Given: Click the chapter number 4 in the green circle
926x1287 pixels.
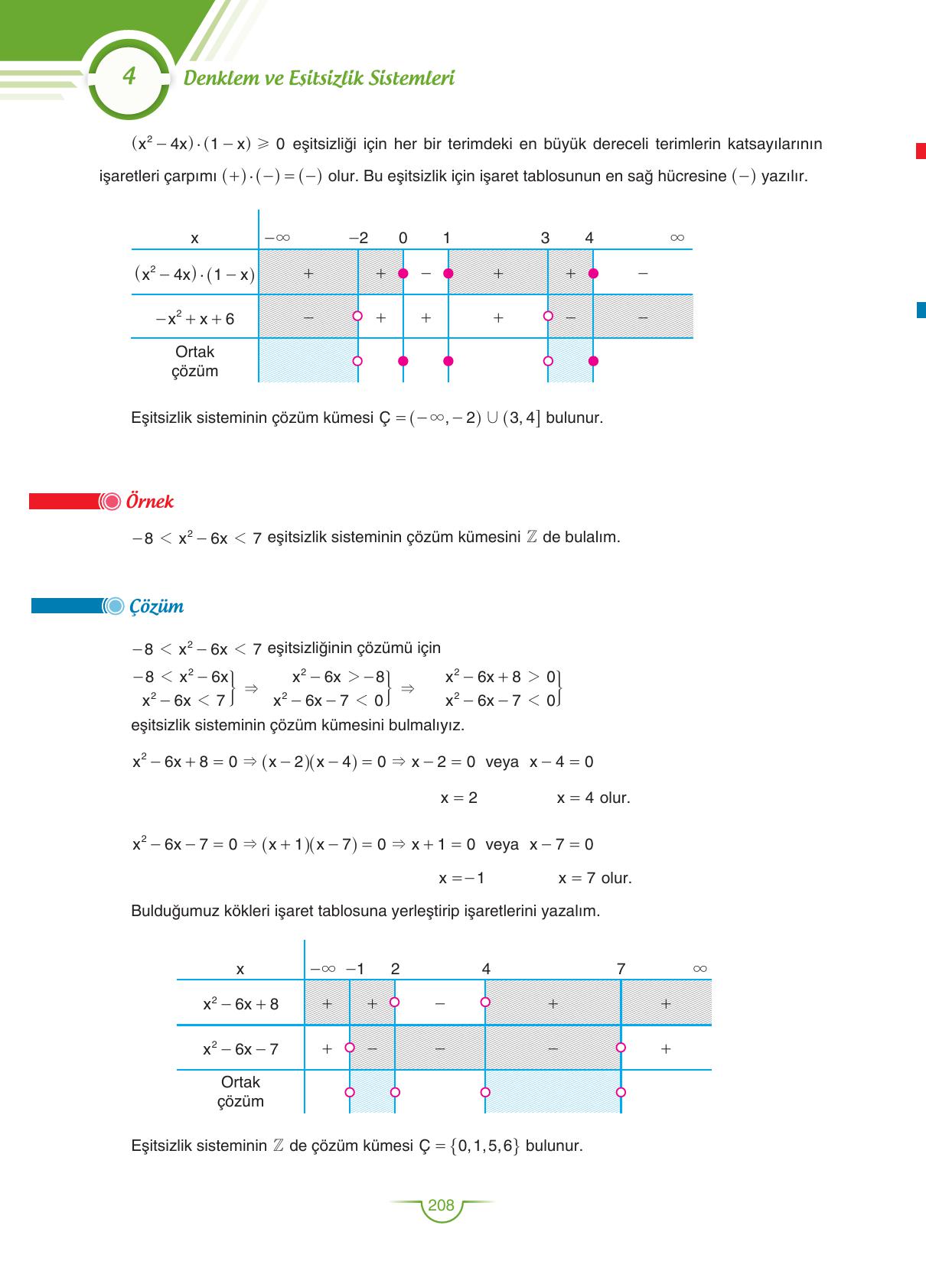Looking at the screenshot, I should coord(129,76).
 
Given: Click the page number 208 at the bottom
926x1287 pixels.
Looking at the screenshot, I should coord(441,1206).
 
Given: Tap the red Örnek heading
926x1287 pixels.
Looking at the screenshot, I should coord(149,502).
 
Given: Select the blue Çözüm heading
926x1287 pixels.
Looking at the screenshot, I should coord(156,606).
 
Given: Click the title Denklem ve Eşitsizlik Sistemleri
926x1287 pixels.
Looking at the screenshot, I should coord(319,78).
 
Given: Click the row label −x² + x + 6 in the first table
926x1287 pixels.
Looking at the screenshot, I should coord(194,319).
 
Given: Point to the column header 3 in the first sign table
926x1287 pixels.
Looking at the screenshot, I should coord(545,238).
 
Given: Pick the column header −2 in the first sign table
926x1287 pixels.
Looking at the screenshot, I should coord(358,238).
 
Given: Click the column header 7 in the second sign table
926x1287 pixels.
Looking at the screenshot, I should coord(621,969).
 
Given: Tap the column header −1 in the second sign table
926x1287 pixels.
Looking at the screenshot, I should coord(355,969).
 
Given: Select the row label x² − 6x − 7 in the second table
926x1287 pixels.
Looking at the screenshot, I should coord(240,1049).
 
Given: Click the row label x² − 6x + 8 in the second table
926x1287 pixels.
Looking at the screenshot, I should coord(240,1004).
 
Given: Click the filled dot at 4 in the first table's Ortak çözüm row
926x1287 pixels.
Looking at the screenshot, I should coord(593,361).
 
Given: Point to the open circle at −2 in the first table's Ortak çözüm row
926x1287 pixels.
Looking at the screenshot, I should coord(357,361).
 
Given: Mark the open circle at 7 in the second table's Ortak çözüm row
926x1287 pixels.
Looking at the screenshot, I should coord(621,1092).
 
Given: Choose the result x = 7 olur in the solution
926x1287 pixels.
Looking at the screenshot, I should coord(595,878).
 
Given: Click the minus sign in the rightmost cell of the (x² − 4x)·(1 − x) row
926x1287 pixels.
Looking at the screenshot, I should coord(643,273).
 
